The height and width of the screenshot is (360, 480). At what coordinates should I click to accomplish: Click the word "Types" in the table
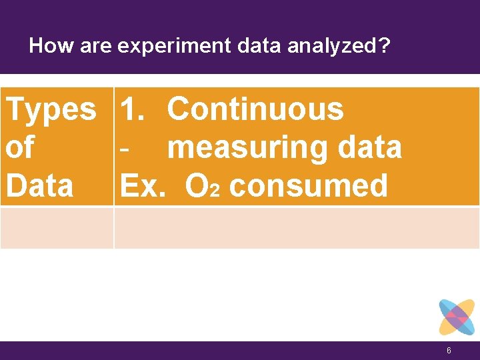click(51, 109)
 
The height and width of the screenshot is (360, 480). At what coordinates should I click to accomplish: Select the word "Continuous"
click(255, 109)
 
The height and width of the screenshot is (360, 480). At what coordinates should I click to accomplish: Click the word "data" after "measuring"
click(370, 147)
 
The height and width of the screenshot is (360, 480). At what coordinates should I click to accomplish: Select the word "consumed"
click(307, 185)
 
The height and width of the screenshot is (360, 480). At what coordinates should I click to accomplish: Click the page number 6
click(449, 351)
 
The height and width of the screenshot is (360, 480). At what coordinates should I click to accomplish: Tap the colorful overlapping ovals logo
click(457, 317)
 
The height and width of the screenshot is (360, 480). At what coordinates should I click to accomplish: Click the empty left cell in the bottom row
click(57, 228)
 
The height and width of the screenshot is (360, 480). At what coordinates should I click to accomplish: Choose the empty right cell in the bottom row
click(297, 228)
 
